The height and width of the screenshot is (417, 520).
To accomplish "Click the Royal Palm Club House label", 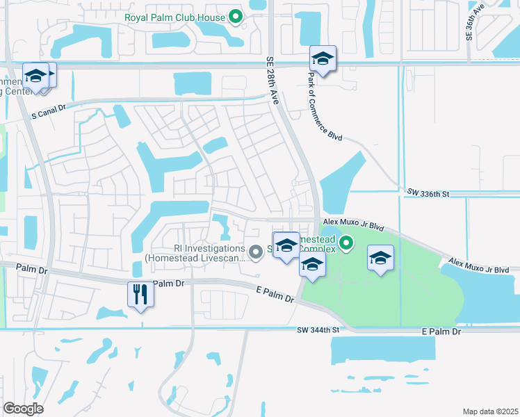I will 174,17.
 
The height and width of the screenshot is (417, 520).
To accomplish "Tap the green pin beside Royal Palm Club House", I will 236,17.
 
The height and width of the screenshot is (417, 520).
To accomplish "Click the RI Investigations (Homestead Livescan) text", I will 195,253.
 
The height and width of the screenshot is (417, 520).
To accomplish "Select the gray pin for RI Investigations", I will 256,252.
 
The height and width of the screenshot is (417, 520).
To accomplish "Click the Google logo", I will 23,408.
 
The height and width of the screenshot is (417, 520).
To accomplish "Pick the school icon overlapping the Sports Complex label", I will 286,245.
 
